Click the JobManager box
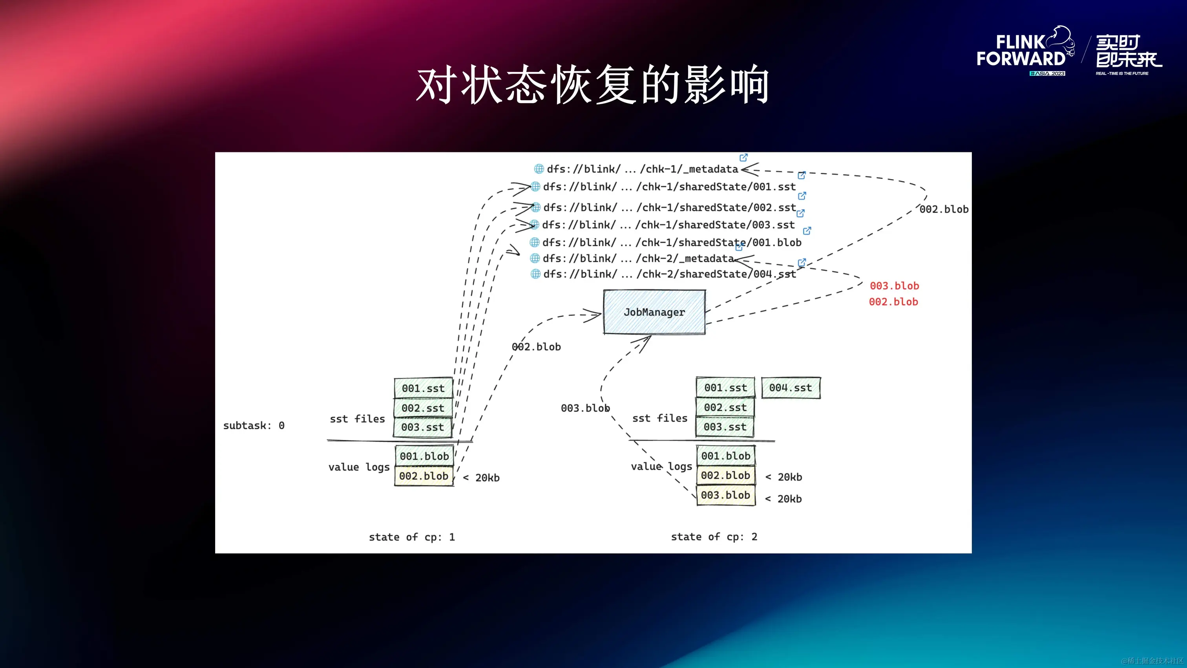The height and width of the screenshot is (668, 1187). (x=654, y=312)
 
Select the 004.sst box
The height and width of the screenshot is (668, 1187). (x=790, y=388)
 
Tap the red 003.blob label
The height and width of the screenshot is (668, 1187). (x=894, y=286)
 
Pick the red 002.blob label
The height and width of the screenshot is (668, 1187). (x=893, y=302)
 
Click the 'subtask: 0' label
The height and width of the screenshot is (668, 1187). (x=254, y=426)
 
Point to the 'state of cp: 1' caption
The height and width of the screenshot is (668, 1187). (x=411, y=537)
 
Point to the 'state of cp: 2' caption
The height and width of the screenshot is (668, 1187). (x=714, y=536)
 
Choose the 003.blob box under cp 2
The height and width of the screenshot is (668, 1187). (x=725, y=495)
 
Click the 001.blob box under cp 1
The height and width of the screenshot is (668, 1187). (x=424, y=456)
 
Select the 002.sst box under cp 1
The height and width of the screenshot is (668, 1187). (x=422, y=408)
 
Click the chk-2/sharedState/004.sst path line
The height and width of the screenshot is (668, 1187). (x=668, y=274)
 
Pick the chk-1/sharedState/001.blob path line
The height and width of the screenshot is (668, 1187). (x=671, y=242)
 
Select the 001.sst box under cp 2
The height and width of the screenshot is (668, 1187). (x=725, y=388)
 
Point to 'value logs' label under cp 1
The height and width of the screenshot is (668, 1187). (x=358, y=467)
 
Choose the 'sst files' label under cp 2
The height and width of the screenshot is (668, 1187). (x=659, y=418)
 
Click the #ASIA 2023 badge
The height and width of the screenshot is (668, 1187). (x=1047, y=74)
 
